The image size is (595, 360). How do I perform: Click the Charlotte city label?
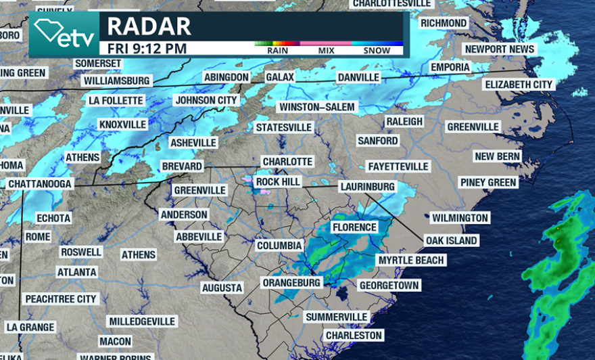(287, 162)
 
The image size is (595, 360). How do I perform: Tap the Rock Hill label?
(277, 182)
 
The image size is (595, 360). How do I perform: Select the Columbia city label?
(279, 246)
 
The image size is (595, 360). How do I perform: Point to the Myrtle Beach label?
(411, 261)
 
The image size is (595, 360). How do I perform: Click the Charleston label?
(354, 335)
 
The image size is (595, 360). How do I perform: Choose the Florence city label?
(354, 227)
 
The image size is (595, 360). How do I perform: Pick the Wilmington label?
(460, 218)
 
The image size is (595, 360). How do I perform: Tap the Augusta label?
(222, 288)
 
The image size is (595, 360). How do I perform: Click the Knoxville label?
(122, 125)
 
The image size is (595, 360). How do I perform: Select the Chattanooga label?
(40, 184)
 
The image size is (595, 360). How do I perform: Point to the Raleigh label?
(404, 121)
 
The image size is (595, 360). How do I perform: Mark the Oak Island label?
(451, 240)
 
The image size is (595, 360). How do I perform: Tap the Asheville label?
(193, 143)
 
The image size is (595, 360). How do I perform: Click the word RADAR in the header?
(149, 26)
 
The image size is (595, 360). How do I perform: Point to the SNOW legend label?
(377, 51)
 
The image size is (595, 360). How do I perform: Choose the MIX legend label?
(326, 51)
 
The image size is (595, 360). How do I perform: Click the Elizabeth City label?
(519, 85)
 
